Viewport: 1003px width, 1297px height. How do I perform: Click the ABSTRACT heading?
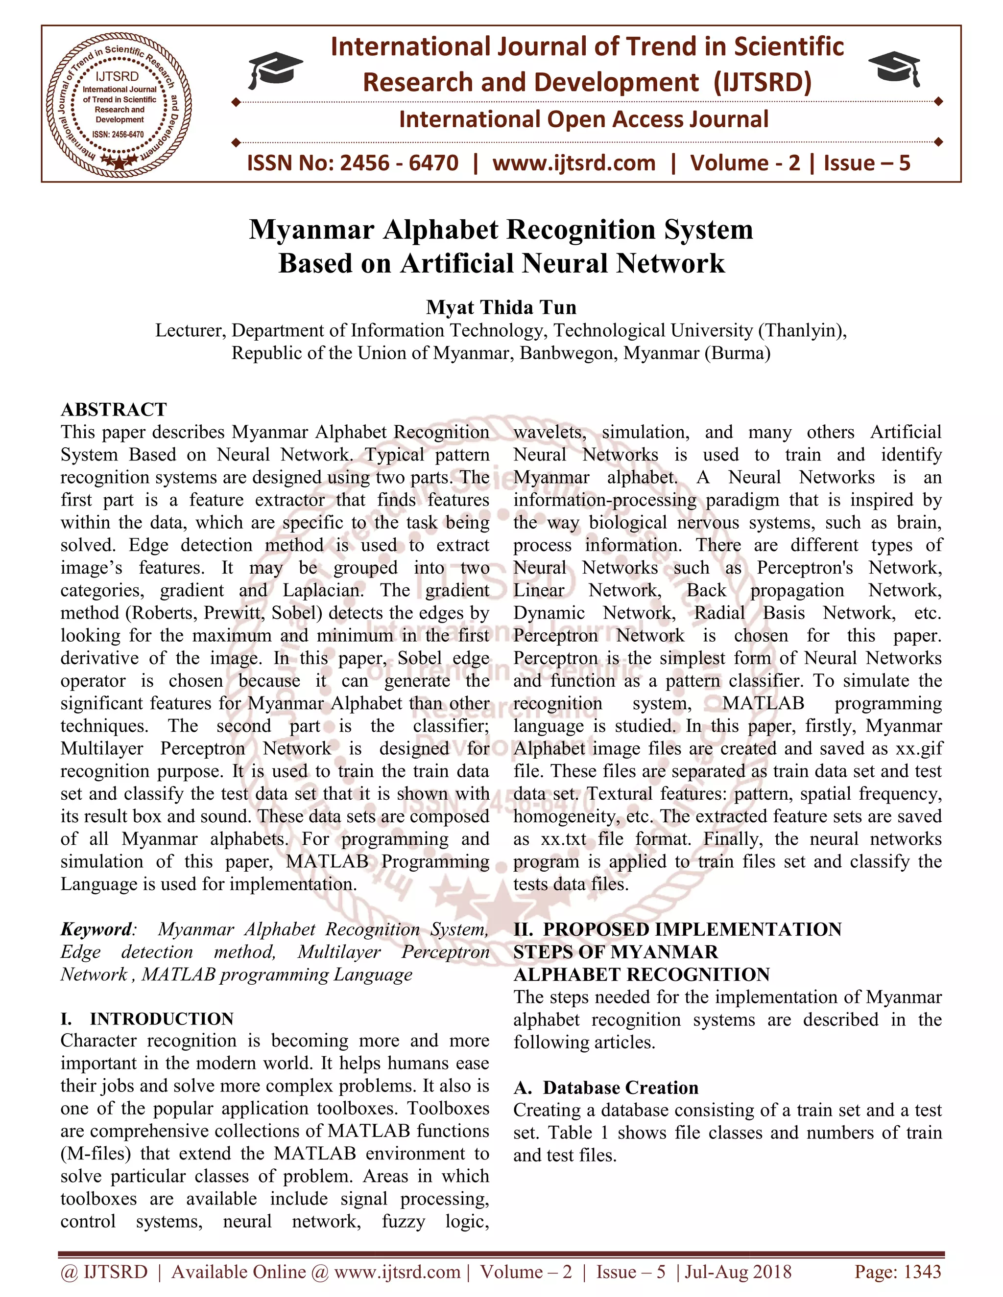click(x=114, y=409)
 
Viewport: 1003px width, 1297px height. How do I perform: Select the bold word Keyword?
click(x=96, y=929)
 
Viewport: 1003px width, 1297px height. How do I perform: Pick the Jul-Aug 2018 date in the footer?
click(x=739, y=1272)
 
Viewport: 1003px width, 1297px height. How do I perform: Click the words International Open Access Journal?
click(x=583, y=119)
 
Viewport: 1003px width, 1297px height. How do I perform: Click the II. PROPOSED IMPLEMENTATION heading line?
click(x=677, y=929)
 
